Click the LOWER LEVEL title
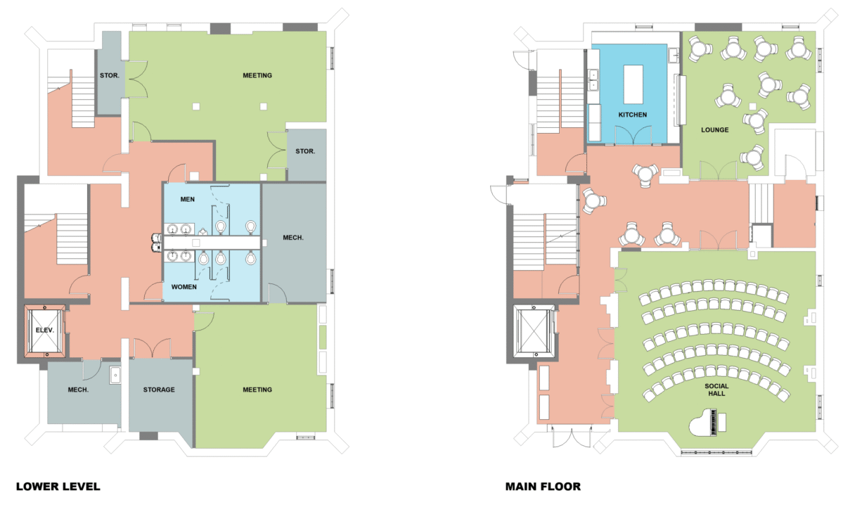click(58, 487)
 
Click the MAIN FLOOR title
click(543, 487)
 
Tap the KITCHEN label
click(632, 115)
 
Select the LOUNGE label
click(714, 129)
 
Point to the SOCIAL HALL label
click(716, 390)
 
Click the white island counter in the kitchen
click(633, 84)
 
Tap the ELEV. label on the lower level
click(44, 330)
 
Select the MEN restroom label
click(188, 199)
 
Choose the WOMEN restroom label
click(184, 287)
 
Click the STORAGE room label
click(159, 390)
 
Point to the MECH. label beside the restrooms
click(293, 237)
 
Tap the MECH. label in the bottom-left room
click(78, 390)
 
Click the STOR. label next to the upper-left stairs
click(109, 75)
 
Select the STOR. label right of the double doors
click(305, 151)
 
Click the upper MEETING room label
click(257, 75)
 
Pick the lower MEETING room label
click(257, 390)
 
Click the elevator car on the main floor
click(534, 331)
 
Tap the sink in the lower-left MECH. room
click(115, 376)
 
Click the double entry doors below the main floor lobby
click(572, 436)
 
